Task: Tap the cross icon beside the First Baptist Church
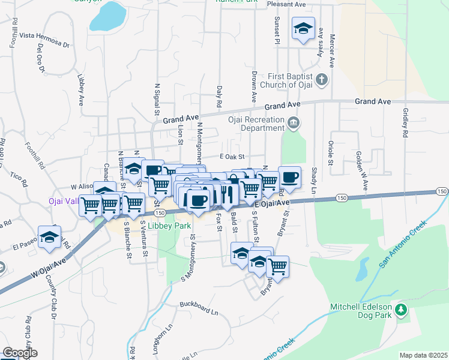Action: tap(322, 79)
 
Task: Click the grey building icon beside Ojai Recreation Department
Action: tap(293, 123)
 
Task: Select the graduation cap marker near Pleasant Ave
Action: tap(304, 28)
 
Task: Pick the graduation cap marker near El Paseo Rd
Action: tap(49, 236)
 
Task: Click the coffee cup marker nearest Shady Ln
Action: tap(289, 177)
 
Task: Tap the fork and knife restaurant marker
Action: tap(227, 192)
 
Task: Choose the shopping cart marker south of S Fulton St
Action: tap(277, 266)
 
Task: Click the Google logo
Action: tap(20, 353)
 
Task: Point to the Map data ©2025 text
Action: tap(423, 355)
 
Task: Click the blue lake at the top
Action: tap(109, 16)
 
